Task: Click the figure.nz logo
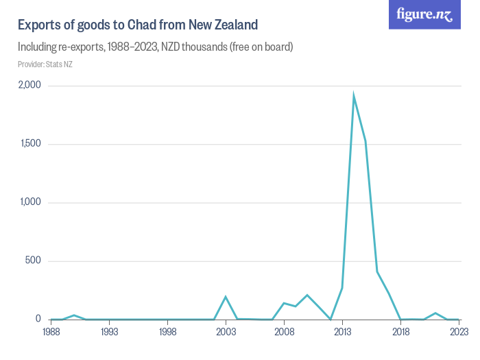(424, 14)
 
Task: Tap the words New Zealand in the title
(224, 25)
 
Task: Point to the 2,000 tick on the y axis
(29, 86)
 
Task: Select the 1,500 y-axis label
(30, 144)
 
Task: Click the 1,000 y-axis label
(30, 203)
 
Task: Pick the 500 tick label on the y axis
(33, 261)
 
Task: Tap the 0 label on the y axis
(38, 320)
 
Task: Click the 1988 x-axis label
(51, 332)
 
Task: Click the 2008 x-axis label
(284, 332)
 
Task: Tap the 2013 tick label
(342, 332)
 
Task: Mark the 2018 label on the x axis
(400, 332)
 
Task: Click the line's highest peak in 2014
(354, 95)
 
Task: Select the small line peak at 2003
(226, 297)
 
